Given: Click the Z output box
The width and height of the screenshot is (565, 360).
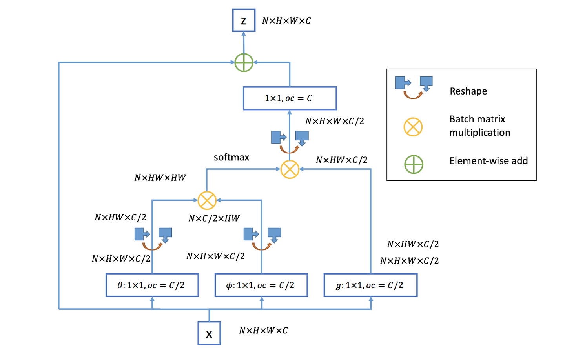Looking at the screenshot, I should pos(244,20).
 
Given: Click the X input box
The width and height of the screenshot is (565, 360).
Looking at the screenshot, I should pos(209,333).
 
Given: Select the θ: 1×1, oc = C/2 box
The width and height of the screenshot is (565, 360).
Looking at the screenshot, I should pos(152,285).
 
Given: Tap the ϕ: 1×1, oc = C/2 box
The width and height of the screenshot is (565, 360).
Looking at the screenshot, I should pos(261,285).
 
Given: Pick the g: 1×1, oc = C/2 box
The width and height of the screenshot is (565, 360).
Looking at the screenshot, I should pos(370,285).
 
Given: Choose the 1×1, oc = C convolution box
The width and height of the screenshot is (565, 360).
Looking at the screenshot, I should pos(290,98).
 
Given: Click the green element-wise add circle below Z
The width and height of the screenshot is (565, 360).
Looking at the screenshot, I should pos(244,62).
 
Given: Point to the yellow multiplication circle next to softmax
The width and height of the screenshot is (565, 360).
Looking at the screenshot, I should pos(290,169).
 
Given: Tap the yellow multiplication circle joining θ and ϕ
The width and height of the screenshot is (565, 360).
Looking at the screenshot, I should pos(207,200).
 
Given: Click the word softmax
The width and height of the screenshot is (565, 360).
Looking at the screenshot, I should pos(231,158).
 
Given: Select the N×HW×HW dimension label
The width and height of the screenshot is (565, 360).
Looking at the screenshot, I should pos(160,178).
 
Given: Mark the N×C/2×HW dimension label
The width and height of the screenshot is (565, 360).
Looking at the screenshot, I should pos(214,218).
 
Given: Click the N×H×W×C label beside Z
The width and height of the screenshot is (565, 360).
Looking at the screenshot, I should pos(286,21).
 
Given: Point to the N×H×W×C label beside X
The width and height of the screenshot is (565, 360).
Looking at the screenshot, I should pos(263,331).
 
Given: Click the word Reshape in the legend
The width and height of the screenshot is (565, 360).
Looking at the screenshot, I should pos(468,91).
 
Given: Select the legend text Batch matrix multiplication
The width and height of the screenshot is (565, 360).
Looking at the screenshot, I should pos(479,126).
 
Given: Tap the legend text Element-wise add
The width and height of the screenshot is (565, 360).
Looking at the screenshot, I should pos(488,161).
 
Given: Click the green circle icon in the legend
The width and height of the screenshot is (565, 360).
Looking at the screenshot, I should pos(414,164).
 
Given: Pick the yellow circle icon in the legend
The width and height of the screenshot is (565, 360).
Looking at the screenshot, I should pos(413,127).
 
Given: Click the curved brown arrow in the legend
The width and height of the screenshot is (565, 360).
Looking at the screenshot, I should pos(413,95).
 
